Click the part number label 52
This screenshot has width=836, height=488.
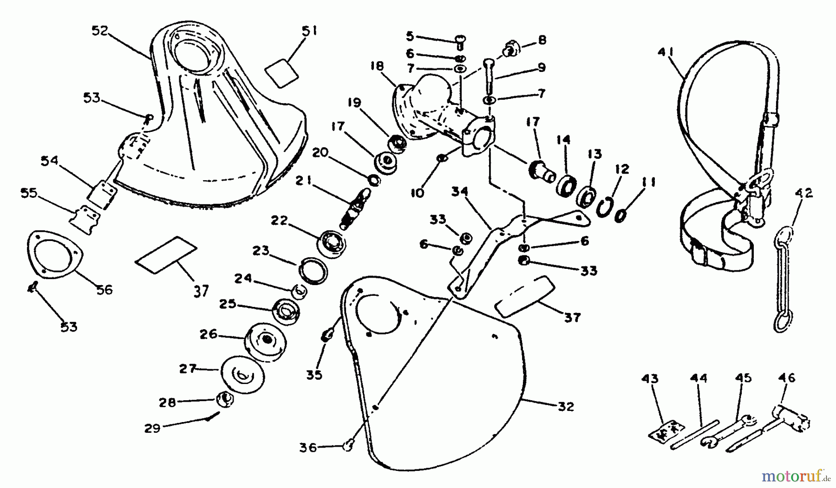tap(100, 31)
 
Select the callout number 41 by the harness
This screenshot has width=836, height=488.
tap(665, 51)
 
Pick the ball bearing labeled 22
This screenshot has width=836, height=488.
tap(332, 242)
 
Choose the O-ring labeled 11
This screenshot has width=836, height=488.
tap(621, 216)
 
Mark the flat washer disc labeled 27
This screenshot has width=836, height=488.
tap(241, 372)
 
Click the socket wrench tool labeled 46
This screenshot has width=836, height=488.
tap(790, 418)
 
